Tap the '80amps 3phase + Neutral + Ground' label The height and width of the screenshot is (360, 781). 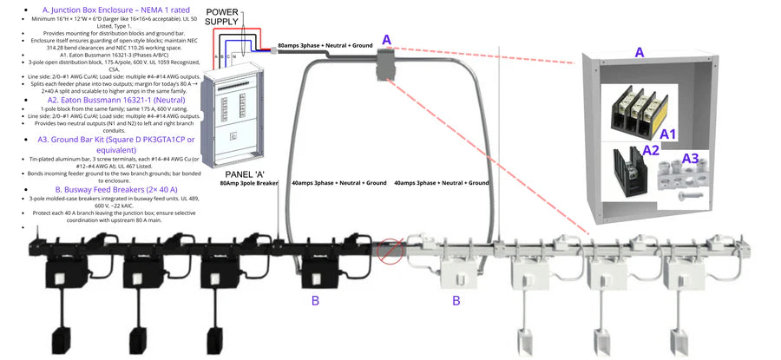tap(325, 44)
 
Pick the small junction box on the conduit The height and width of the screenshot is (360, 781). tap(385, 62)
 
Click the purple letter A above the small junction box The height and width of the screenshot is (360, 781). tap(386, 39)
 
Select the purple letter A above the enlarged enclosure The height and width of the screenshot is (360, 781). tap(640, 52)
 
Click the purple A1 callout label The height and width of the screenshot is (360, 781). tap(668, 134)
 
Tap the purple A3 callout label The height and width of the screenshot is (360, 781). tap(690, 158)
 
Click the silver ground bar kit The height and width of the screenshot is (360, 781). tap(690, 180)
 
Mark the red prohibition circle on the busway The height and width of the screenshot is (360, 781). tap(391, 252)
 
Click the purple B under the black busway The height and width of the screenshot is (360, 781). tap(316, 301)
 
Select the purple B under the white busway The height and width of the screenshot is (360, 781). tap(456, 301)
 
